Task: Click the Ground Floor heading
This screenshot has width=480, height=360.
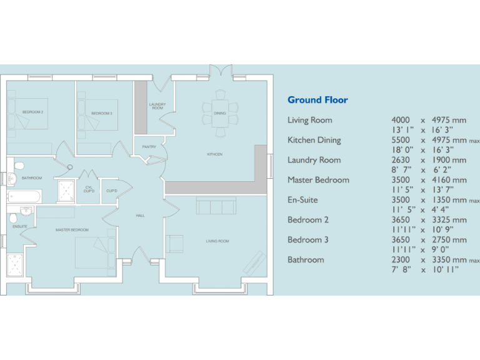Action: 317,100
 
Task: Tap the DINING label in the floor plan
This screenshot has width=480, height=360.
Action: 219,114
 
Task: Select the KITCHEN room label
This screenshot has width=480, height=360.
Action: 215,154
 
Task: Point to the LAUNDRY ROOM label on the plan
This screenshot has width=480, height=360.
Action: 157,106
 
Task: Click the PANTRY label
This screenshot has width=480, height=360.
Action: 149,147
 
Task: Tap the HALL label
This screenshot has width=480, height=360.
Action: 140,216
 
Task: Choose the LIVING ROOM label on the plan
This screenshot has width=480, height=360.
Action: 217,241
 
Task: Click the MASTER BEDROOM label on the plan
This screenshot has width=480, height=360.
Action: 72,230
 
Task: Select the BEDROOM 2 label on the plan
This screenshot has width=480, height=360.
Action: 32,112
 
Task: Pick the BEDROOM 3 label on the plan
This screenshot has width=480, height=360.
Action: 102,114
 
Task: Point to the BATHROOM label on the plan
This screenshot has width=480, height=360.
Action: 32,178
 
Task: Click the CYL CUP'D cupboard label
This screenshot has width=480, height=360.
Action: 89,189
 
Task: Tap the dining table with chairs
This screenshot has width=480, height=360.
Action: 219,114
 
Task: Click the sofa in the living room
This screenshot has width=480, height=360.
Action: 216,206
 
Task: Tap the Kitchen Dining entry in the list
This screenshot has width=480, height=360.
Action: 314,140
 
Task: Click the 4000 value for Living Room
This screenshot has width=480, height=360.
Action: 401,120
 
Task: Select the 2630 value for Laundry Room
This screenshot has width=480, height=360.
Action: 401,160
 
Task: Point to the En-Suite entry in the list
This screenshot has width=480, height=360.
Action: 302,200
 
